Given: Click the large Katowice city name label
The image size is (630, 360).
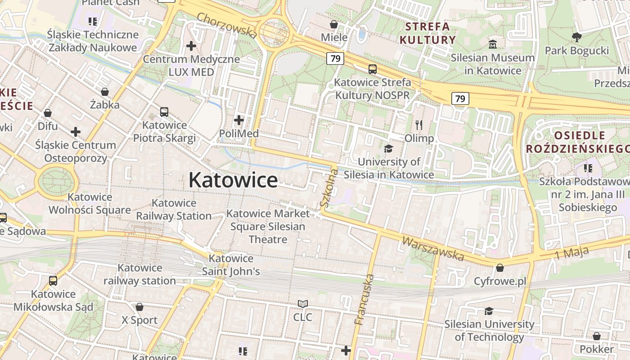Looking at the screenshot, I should (x=233, y=180).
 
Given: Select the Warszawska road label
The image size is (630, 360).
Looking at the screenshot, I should (x=432, y=248).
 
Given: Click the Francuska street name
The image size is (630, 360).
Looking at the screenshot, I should (x=364, y=299).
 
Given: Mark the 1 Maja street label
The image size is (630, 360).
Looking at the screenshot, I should (x=571, y=253).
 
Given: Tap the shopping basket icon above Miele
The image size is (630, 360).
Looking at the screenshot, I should (x=334, y=24).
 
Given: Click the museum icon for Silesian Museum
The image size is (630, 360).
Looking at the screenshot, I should (x=493, y=45).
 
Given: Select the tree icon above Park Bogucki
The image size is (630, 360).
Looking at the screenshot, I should (x=576, y=37).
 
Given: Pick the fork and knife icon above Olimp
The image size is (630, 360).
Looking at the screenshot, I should (x=419, y=125).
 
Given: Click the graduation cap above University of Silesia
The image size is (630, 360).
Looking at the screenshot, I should (x=388, y=148).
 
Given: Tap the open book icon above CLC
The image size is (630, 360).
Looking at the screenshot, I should (x=303, y=304).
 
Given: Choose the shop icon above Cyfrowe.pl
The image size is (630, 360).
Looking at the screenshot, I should (x=499, y=268).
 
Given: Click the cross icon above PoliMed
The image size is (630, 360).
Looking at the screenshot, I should (x=239, y=120).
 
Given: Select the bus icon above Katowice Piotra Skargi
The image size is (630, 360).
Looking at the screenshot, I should (x=164, y=112).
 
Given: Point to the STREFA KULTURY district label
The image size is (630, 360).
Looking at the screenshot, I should (x=427, y=33).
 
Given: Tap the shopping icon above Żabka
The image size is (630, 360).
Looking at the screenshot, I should (x=105, y=92).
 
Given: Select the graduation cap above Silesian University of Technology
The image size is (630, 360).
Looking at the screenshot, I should (x=489, y=311).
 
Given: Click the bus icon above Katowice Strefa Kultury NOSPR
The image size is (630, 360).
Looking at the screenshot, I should (x=373, y=69).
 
